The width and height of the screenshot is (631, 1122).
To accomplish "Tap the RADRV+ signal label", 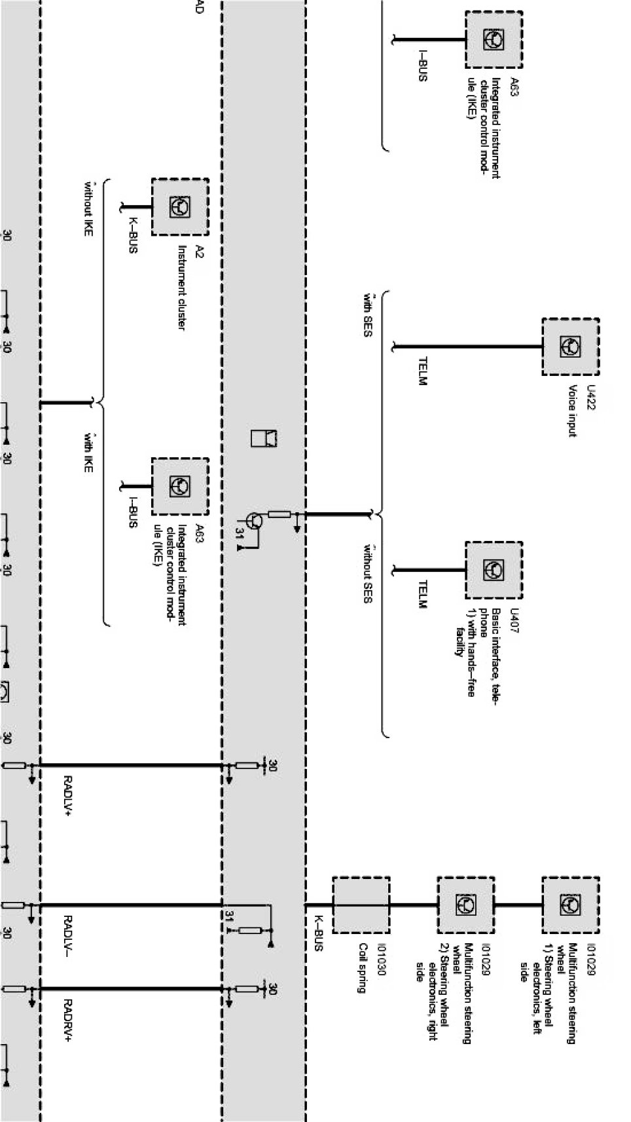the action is pyautogui.click(x=69, y=1019).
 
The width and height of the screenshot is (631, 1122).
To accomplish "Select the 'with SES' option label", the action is pyautogui.click(x=367, y=315).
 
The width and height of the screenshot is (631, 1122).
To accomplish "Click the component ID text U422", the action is pyautogui.click(x=591, y=397).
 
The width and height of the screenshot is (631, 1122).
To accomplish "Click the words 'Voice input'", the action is pyautogui.click(x=573, y=411).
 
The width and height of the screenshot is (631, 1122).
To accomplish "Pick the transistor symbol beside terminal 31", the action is pyautogui.click(x=255, y=521).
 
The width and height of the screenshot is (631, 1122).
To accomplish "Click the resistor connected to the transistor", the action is pyautogui.click(x=279, y=514).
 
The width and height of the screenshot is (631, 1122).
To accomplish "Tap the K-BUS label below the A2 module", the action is pyautogui.click(x=133, y=235).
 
